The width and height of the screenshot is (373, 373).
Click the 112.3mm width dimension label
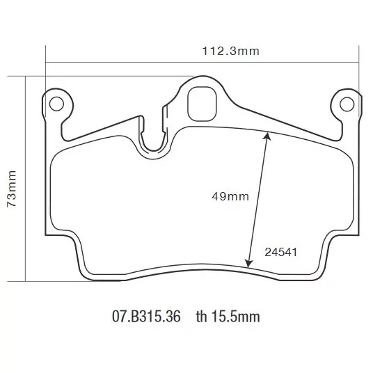point(230,51)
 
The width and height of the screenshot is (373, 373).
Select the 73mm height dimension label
point(12,189)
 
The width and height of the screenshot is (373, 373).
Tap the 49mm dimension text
point(230,196)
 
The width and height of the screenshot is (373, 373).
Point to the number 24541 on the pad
point(281,252)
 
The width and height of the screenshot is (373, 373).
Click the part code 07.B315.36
point(146,317)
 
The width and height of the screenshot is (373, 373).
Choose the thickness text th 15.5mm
point(228,317)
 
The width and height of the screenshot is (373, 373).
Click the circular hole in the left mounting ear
point(56,104)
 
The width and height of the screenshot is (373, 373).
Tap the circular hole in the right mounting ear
point(347,104)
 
